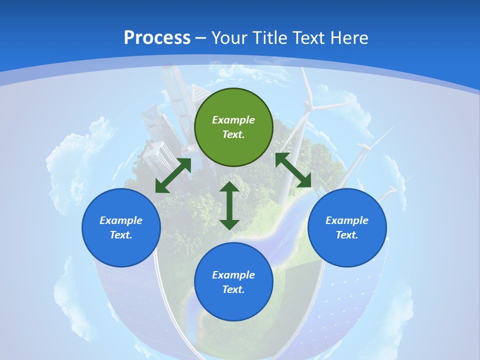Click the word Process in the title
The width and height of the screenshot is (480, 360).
click(157, 38)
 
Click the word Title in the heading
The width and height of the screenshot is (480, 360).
click(270, 38)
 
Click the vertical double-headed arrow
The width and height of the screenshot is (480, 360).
click(229, 205)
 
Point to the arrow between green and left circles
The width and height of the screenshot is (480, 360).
click(173, 175)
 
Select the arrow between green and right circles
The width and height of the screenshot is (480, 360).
click(293, 170)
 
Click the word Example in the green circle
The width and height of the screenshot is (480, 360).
click(233, 120)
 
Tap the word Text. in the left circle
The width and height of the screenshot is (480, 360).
click(121, 235)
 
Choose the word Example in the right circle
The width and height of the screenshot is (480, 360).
click(347, 220)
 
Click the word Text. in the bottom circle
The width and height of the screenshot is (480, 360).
click(233, 289)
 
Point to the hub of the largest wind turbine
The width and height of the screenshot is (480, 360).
click(308, 105)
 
